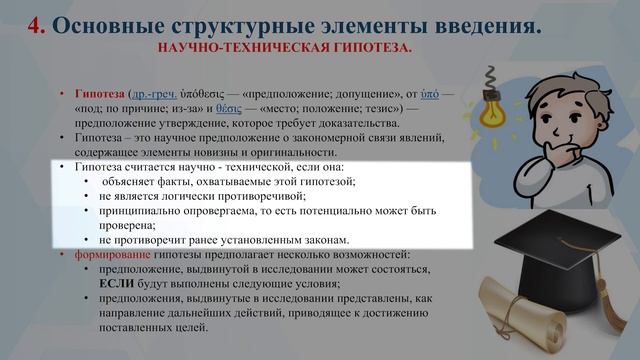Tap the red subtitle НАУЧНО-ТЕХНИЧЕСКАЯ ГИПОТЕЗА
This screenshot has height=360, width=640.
(x=285, y=48)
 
